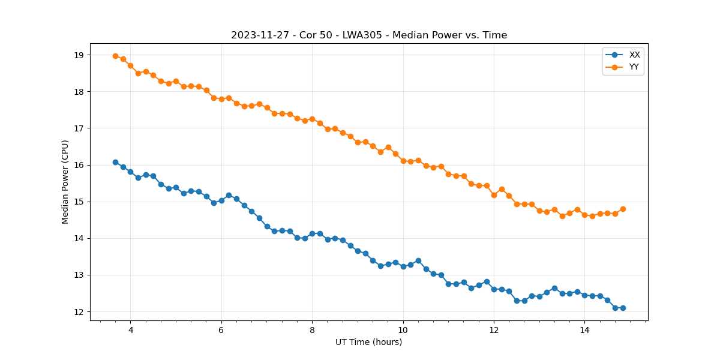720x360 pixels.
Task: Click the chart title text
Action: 369,35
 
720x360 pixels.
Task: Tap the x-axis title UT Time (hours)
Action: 368,342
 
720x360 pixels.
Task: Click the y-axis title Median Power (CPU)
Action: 65,182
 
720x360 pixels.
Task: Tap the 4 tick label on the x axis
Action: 130,330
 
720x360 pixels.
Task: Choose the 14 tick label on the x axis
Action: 584,330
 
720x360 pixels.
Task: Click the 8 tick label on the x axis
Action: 312,330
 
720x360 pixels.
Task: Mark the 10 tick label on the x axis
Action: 403,330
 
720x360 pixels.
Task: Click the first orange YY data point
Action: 115,56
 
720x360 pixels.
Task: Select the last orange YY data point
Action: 623,209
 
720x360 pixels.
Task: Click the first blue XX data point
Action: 115,162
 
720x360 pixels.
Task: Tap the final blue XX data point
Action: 623,308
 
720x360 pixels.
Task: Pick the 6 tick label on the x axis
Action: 221,330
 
